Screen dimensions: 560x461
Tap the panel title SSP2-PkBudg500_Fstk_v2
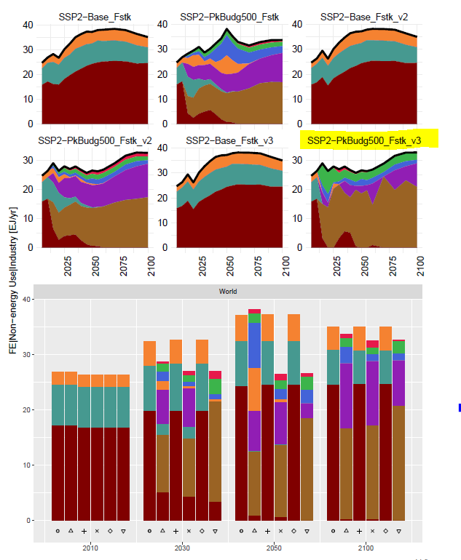click(x=95, y=140)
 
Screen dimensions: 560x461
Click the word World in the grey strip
click(x=228, y=292)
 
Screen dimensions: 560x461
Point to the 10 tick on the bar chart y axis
click(x=27, y=465)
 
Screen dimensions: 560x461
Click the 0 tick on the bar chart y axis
click(x=29, y=521)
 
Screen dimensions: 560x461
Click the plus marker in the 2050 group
click(x=267, y=532)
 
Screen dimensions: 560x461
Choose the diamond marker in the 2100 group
click(x=385, y=532)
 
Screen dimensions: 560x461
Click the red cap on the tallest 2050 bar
click(x=254, y=311)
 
